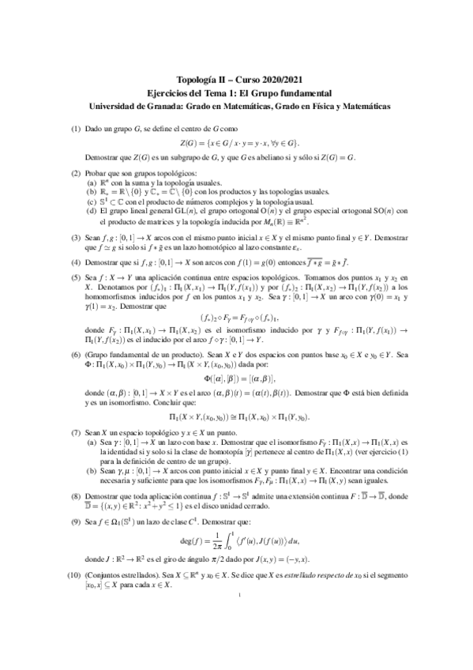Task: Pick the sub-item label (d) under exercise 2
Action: coord(92,210)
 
